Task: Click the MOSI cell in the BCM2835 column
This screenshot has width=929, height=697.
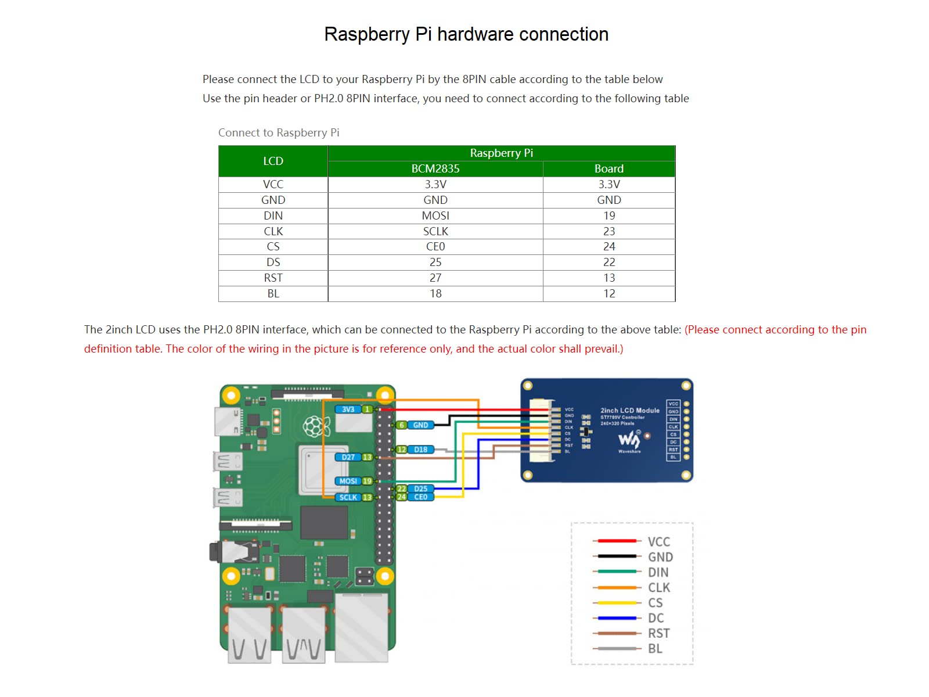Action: click(435, 215)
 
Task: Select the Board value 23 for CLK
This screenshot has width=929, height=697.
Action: click(608, 231)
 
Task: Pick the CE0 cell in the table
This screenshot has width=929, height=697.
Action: click(435, 246)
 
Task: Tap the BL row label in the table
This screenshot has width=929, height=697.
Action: click(273, 293)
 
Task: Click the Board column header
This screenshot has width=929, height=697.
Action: click(608, 168)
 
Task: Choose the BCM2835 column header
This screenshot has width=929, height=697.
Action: click(435, 168)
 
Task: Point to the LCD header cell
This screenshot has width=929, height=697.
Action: click(273, 161)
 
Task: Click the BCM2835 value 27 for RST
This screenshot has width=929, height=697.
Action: click(435, 278)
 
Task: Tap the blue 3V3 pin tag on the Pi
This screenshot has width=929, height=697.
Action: click(348, 409)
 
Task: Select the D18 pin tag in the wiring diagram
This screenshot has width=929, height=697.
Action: click(421, 450)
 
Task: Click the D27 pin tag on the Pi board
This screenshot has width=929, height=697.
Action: click(348, 457)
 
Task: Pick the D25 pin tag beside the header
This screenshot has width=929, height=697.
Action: click(421, 488)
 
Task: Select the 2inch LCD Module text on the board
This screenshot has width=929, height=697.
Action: click(629, 410)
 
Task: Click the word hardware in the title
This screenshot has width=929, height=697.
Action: click(476, 34)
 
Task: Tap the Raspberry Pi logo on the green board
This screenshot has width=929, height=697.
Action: click(316, 427)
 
